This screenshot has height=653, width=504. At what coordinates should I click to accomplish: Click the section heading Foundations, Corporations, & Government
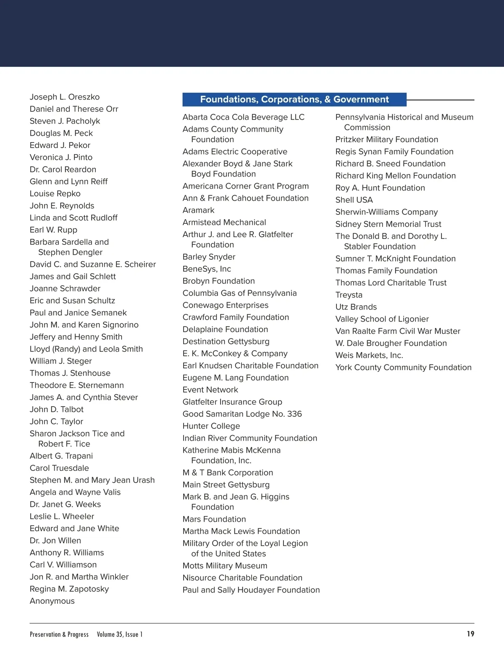pos(294,100)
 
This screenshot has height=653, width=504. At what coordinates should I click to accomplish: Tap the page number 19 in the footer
pos(470,634)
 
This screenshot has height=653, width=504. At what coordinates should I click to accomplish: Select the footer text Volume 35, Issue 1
pos(120,634)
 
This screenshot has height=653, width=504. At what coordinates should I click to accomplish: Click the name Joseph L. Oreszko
pos(65,97)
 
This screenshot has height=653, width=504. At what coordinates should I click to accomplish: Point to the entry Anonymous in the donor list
pos(52,601)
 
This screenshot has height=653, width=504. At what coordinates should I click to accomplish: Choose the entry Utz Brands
pos(356,307)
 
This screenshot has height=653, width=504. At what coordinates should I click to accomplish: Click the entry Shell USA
pos(354,200)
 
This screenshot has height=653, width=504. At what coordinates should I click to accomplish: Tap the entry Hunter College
pos(211,426)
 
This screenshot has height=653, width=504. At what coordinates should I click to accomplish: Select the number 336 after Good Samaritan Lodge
pos(294,414)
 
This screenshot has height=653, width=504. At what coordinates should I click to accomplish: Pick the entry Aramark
pos(198,210)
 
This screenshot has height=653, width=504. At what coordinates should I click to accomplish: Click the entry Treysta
pos(349,295)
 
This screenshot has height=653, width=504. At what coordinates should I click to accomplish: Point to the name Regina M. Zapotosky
pos(69,589)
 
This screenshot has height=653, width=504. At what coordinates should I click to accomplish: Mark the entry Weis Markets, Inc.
pos(369,355)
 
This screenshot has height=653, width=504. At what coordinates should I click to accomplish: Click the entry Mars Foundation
pos(214,519)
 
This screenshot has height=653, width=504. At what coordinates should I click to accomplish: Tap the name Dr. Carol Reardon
pos(63,169)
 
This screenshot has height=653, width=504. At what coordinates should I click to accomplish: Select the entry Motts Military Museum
pos(225,566)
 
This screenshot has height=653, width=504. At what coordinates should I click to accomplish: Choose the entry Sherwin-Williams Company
pos(386,212)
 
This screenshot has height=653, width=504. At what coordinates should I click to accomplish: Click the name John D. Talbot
pos(57,410)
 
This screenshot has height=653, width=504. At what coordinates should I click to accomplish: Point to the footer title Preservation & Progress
pos(59,634)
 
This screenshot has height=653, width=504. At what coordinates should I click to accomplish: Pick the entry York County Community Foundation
pos(403,367)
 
